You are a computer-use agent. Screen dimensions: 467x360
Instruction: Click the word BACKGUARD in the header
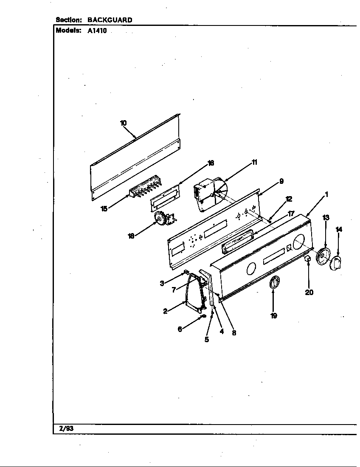pos(110,20)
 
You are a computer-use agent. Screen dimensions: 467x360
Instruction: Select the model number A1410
pos(97,31)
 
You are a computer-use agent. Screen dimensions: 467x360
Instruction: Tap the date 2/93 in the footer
pos(66,428)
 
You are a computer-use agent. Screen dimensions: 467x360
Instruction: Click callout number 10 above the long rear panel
pos(123,123)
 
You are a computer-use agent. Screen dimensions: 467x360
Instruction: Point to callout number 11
pos(255,162)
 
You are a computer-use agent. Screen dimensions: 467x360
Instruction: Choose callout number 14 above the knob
pos(339,230)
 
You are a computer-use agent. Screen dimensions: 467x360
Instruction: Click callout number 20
pos(309,292)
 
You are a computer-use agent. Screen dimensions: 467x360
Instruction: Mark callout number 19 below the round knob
pos(274,315)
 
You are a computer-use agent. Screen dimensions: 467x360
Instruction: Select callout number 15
pos(104,208)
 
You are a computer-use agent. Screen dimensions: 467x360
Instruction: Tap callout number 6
pos(180,329)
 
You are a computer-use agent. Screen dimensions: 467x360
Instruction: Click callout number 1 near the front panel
pos(326,195)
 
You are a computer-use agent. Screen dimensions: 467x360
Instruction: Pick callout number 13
pos(326,218)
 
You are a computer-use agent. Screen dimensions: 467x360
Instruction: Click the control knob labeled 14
pos(337,263)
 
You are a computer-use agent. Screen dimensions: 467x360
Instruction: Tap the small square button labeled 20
pos(308,259)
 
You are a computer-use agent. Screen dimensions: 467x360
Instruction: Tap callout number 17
pos(291,214)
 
